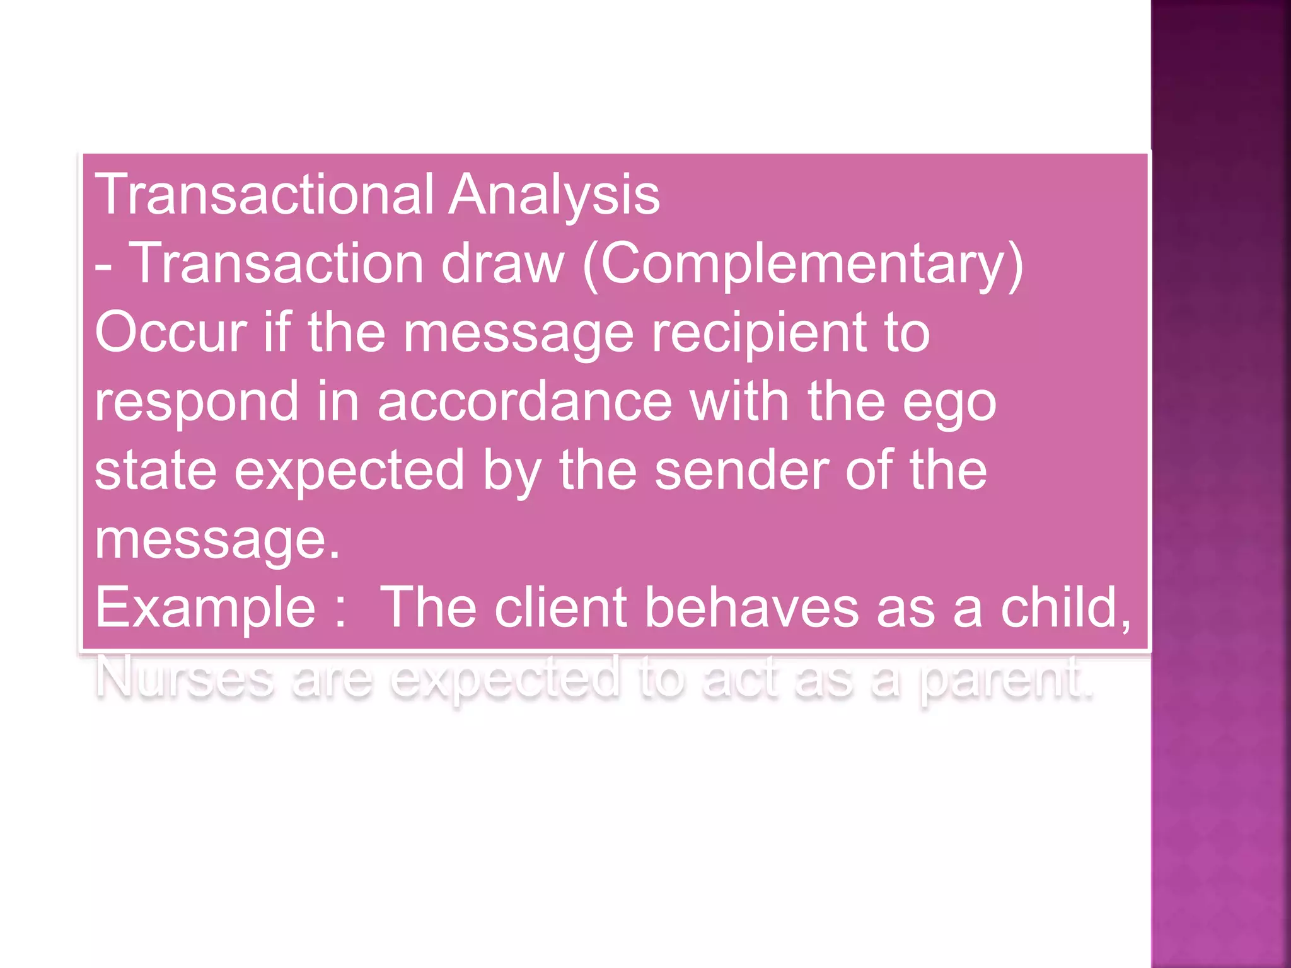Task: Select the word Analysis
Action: pos(554,195)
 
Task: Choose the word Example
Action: pos(205,609)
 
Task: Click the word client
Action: pos(560,608)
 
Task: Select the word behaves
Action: pos(752,608)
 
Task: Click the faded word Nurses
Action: pos(185,678)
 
